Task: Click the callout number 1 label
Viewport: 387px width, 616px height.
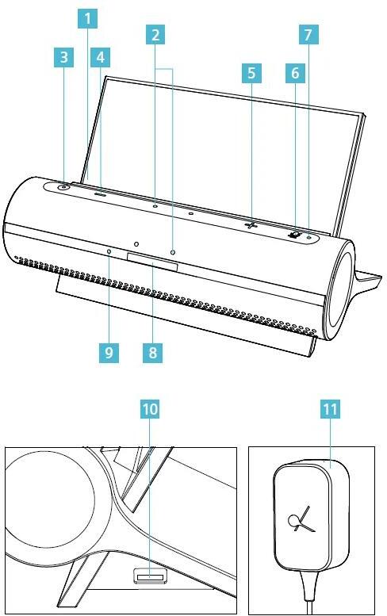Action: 87,19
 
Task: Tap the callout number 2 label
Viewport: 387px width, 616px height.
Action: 155,35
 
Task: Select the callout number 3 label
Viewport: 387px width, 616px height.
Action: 63,57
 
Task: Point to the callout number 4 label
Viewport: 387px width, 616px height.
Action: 100,57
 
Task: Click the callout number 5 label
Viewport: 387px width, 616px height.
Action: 251,73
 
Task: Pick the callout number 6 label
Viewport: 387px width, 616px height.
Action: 295,73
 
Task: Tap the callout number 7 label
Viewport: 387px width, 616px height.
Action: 308,35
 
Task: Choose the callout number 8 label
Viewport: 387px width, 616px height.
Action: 152,352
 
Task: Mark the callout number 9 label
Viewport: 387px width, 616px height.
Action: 109,352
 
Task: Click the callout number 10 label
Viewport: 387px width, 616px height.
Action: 150,409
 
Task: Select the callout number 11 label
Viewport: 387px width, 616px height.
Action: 330,409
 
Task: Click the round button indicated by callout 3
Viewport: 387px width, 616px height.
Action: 63,187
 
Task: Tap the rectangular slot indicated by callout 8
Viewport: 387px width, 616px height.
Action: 152,262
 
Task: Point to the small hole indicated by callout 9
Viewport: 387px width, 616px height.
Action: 109,251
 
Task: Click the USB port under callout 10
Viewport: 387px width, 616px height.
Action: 150,576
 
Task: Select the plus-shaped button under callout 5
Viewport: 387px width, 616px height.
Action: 251,224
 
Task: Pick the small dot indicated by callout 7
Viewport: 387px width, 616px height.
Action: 309,237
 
